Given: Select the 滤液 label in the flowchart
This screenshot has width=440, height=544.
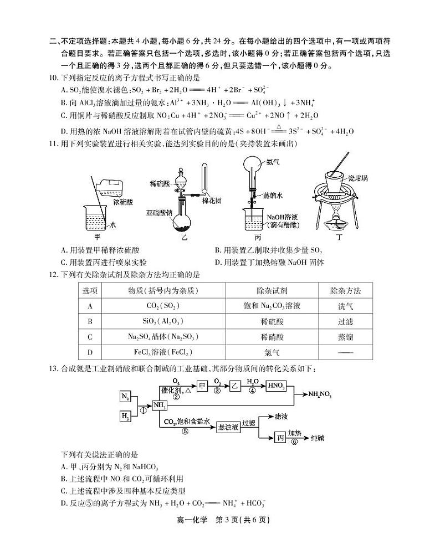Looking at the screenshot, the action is point(282,415).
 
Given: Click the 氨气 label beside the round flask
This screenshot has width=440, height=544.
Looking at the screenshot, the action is point(273,162).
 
